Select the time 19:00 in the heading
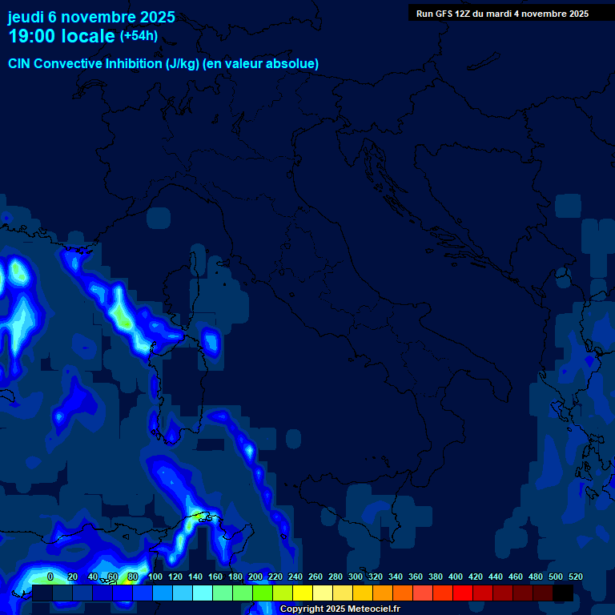[32, 36]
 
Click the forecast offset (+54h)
[139, 36]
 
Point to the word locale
[88, 36]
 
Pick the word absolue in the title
[295, 63]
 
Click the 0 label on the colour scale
[50, 577]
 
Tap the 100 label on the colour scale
[155, 577]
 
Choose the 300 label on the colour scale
[356, 577]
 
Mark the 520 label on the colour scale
[575, 577]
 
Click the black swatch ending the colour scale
[563, 593]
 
